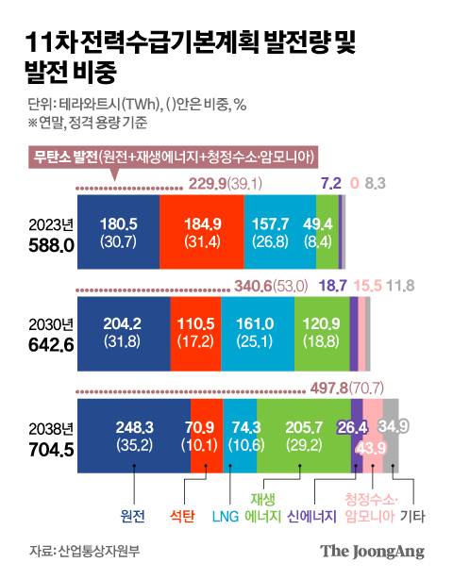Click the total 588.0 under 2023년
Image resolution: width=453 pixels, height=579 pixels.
coord(47,244)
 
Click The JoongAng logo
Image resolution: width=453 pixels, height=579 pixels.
coord(372,552)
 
